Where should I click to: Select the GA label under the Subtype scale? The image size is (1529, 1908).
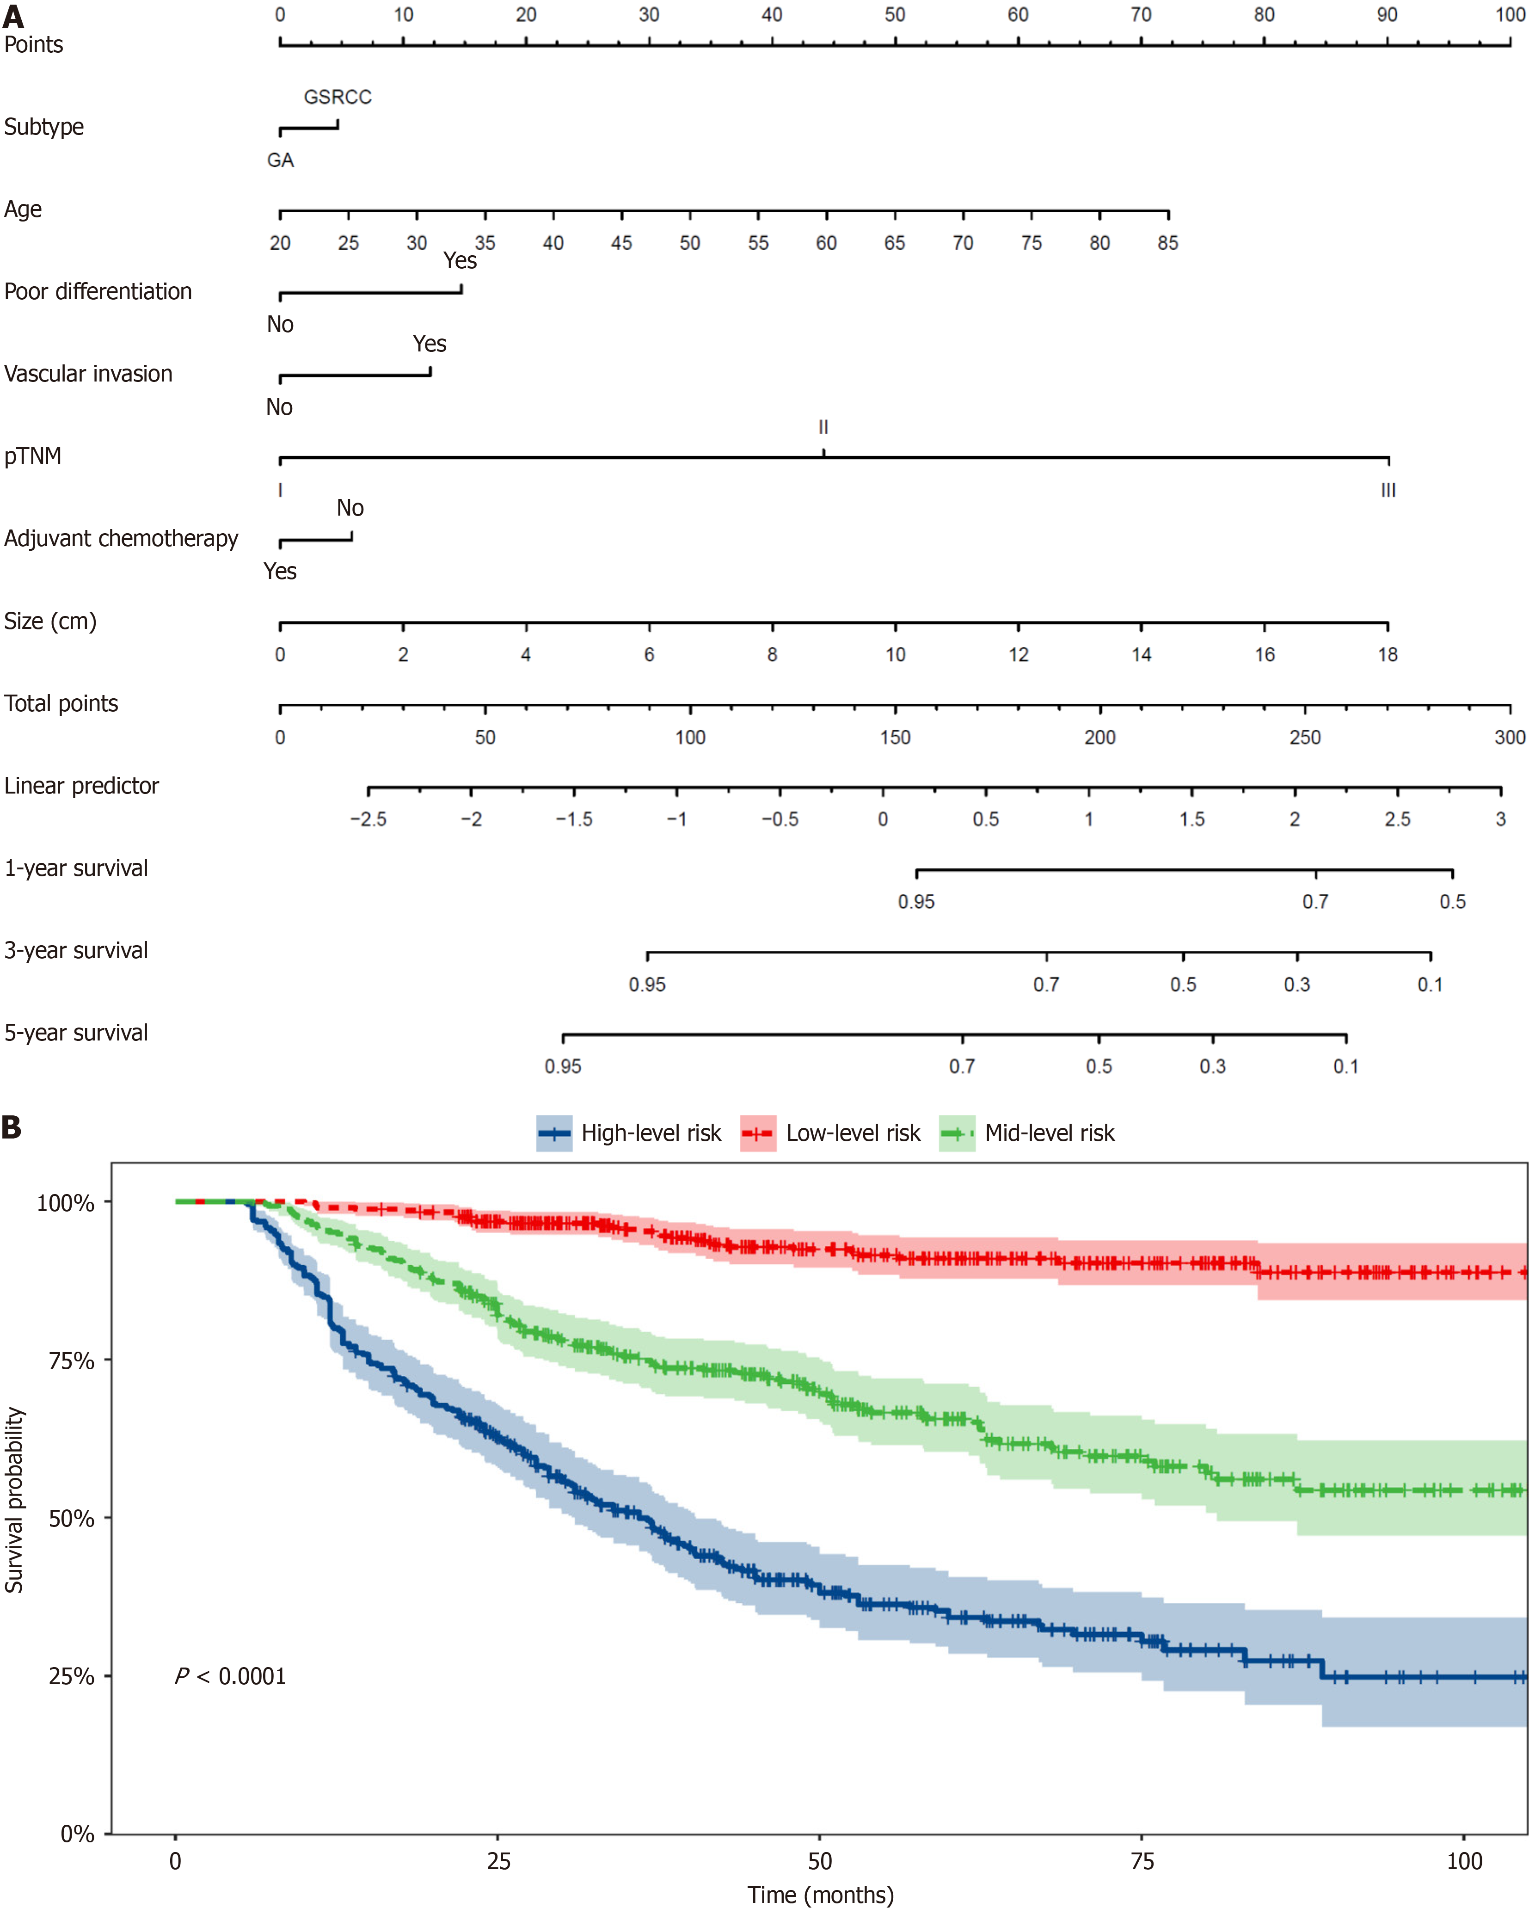tap(281, 160)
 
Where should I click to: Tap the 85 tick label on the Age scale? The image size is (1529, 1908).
tap(1168, 242)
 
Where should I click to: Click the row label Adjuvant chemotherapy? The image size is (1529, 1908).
tap(121, 538)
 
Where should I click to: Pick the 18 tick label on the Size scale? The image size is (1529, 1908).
tap(1388, 655)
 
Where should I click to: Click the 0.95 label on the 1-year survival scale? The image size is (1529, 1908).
tap(916, 902)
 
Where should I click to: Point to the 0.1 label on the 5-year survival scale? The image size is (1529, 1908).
tap(1346, 1066)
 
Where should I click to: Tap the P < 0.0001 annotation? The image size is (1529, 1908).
tap(231, 1676)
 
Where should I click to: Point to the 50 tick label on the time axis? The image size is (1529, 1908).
tap(820, 1861)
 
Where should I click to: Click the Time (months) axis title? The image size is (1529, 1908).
tap(820, 1895)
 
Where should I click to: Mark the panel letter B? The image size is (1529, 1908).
tap(12, 1127)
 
